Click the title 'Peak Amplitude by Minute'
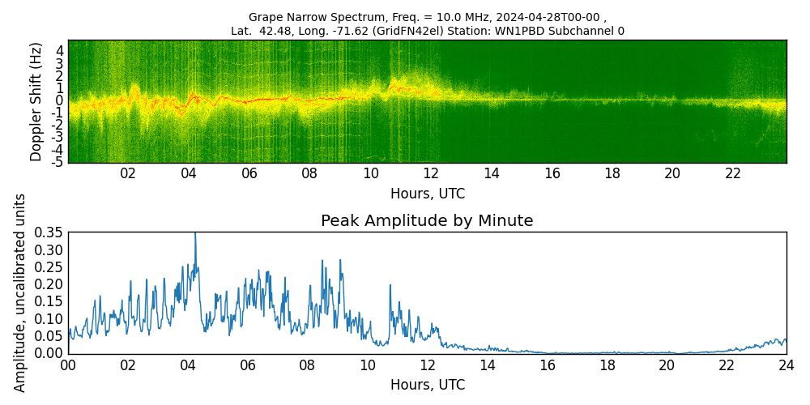tap(427, 221)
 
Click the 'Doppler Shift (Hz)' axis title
tap(36, 101)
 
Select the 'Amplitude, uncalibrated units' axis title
tap(20, 292)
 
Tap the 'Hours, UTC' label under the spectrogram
tap(427, 194)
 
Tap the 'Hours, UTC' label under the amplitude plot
tap(427, 386)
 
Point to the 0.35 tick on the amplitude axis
tap(49, 232)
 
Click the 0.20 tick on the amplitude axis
tap(49, 284)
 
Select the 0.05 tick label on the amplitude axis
tap(49, 336)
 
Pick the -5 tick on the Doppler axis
tap(58, 162)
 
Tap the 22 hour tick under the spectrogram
tap(733, 173)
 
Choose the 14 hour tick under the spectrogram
tap(491, 173)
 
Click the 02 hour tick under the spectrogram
tap(128, 173)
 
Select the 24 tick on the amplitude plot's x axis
tap(786, 364)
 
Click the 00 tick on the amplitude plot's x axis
tap(68, 364)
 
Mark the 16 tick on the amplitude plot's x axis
tap(547, 364)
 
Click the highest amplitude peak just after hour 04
tap(194, 234)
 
